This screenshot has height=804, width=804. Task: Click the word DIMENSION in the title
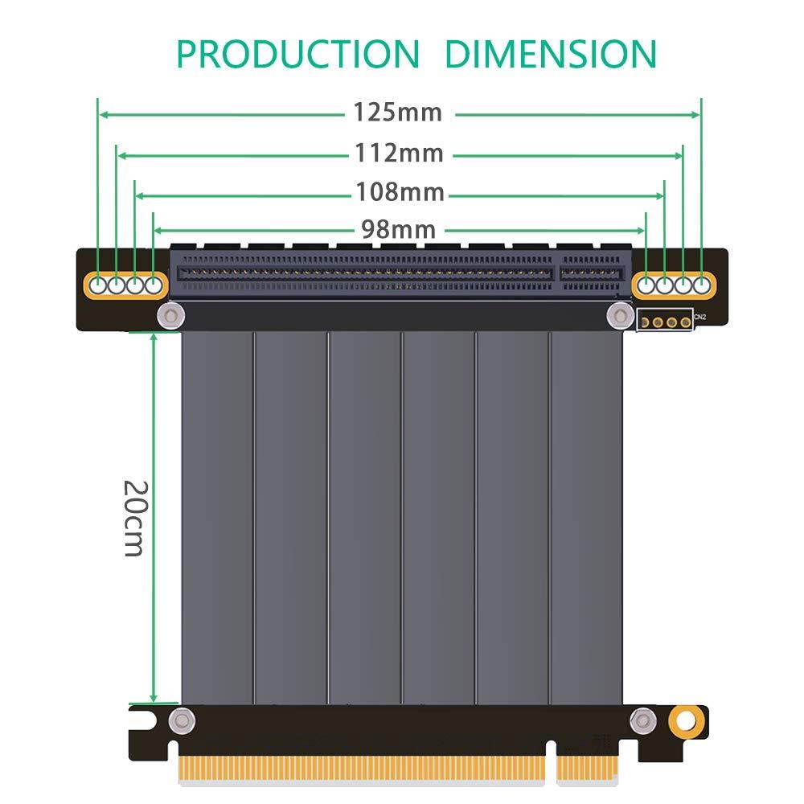tap(551, 54)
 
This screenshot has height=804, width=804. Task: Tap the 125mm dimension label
tap(398, 113)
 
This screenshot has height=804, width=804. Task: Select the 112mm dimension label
tap(400, 152)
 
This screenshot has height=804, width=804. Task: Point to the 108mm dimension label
tap(400, 192)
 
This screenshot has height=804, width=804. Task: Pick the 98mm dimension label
tap(398, 230)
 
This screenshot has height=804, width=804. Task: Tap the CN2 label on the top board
tap(700, 318)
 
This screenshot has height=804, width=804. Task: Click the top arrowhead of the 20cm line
tap(154, 336)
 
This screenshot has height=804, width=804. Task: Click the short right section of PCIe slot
tap(593, 272)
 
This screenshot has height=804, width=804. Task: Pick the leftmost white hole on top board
tap(99, 284)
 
